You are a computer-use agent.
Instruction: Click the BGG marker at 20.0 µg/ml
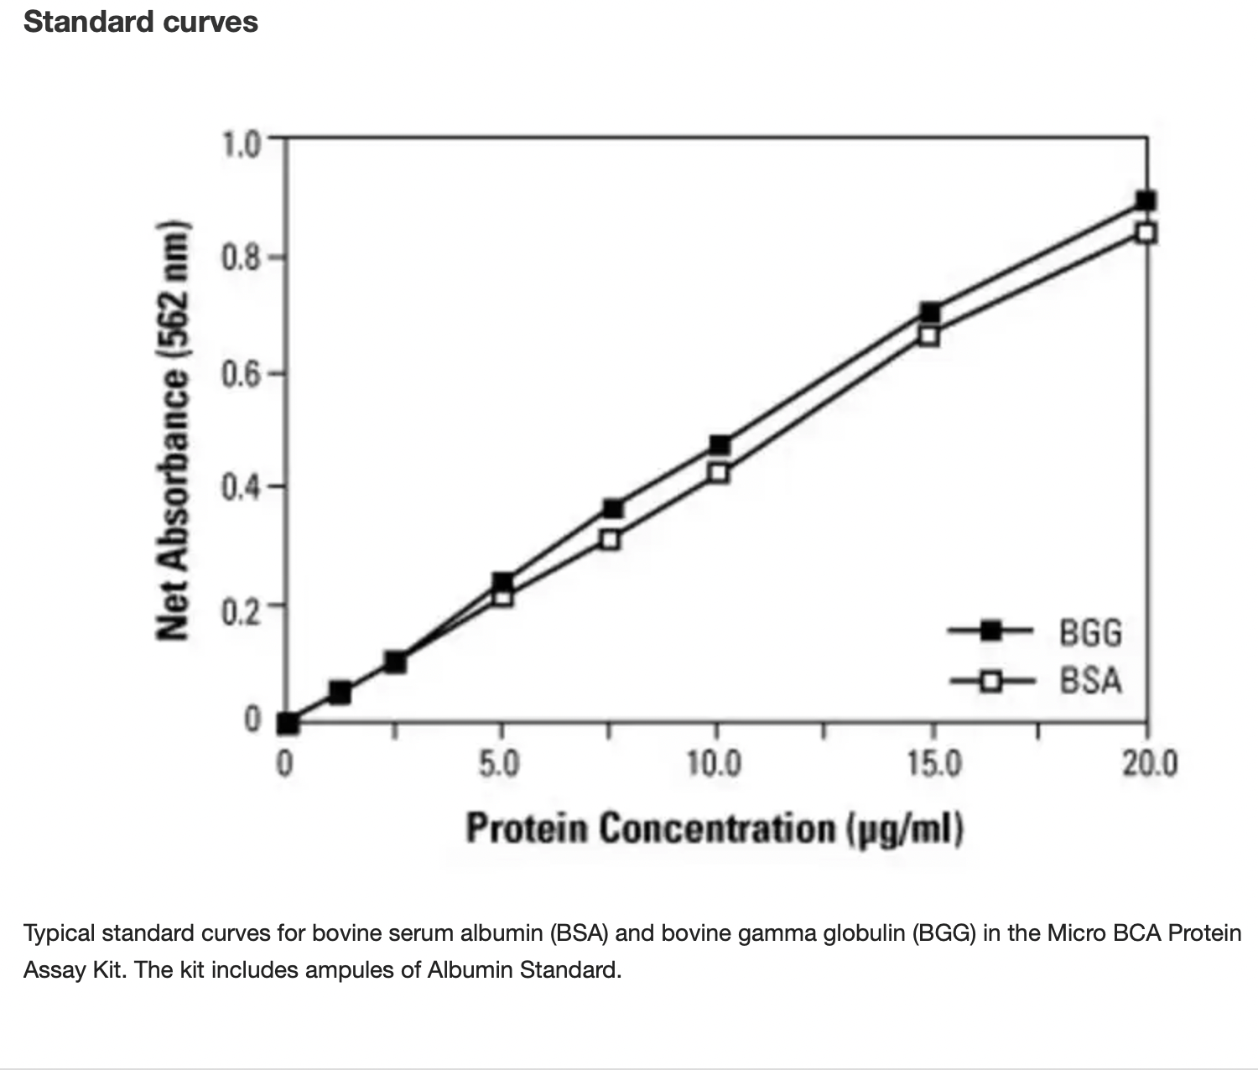(1146, 200)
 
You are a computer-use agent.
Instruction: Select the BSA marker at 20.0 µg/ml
(1146, 233)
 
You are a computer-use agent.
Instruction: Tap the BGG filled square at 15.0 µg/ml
(929, 313)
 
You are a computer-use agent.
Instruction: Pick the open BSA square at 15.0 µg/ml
(928, 336)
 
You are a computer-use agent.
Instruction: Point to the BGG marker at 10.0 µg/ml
(719, 444)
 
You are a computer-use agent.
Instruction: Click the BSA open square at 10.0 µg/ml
(718, 473)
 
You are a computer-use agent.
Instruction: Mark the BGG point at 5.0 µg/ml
(502, 581)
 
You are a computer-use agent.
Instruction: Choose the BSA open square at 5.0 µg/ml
(502, 597)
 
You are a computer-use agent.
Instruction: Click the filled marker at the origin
(288, 722)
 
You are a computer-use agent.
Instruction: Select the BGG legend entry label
(1090, 632)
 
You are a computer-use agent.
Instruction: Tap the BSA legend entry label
(1090, 680)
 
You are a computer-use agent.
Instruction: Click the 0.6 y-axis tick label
(242, 373)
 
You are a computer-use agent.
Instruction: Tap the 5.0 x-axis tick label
(499, 764)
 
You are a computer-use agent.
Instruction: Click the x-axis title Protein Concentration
(715, 828)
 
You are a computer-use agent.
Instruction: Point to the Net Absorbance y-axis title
(171, 429)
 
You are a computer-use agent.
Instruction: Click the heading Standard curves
(141, 22)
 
